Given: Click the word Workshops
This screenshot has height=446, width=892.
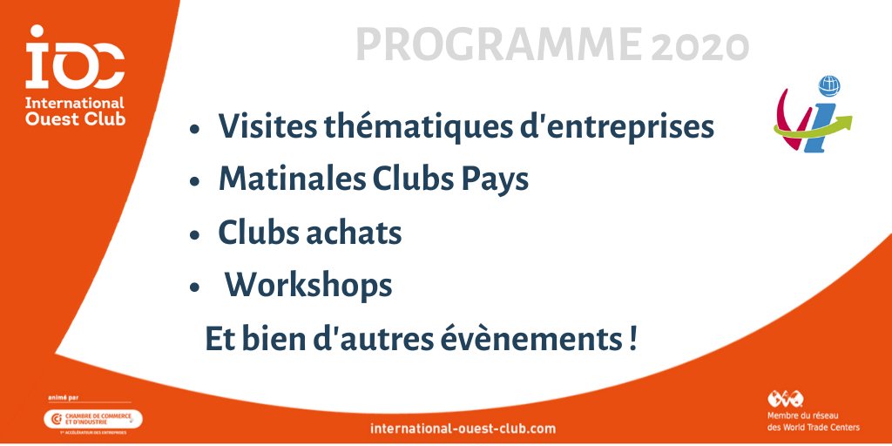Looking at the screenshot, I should (308, 285).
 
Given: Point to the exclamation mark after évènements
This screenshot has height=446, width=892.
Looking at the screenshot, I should (631, 338).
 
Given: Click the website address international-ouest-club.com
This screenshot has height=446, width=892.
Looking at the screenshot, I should (463, 429).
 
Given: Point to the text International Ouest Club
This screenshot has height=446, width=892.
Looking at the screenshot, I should (75, 111).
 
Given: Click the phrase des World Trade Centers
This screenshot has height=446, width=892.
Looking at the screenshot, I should (813, 427).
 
